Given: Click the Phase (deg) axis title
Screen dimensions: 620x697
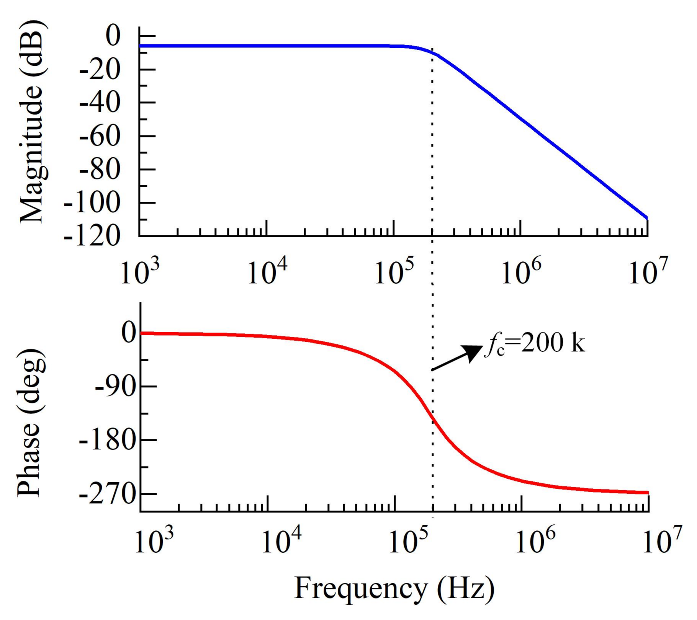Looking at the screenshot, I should pos(31,423).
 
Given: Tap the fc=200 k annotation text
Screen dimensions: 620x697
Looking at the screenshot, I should pos(535,343).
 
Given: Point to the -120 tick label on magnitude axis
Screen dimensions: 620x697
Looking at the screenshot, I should pos(92,236).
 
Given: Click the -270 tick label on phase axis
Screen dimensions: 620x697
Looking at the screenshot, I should pos(108,494).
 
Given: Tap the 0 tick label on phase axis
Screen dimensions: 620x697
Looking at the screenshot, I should pos(129,333).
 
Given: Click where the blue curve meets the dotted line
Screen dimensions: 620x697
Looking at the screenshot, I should pos(433,52).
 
